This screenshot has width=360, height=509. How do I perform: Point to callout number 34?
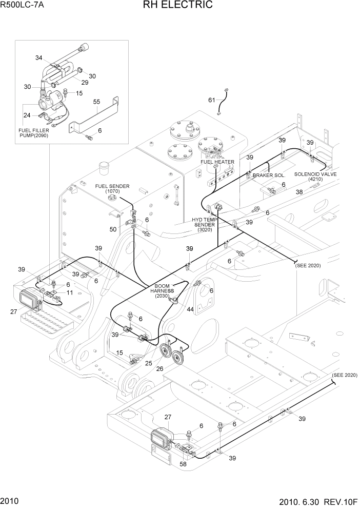pyautogui.click(x=38, y=57)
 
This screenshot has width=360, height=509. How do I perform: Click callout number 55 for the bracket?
pyautogui.click(x=96, y=103)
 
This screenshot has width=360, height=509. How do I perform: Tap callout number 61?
pyautogui.click(x=211, y=99)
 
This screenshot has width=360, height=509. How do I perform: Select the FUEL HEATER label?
pyautogui.click(x=217, y=162)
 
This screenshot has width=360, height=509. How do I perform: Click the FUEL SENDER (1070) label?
pyautogui.click(x=112, y=188)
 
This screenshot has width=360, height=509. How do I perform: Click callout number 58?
pyautogui.click(x=183, y=464)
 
